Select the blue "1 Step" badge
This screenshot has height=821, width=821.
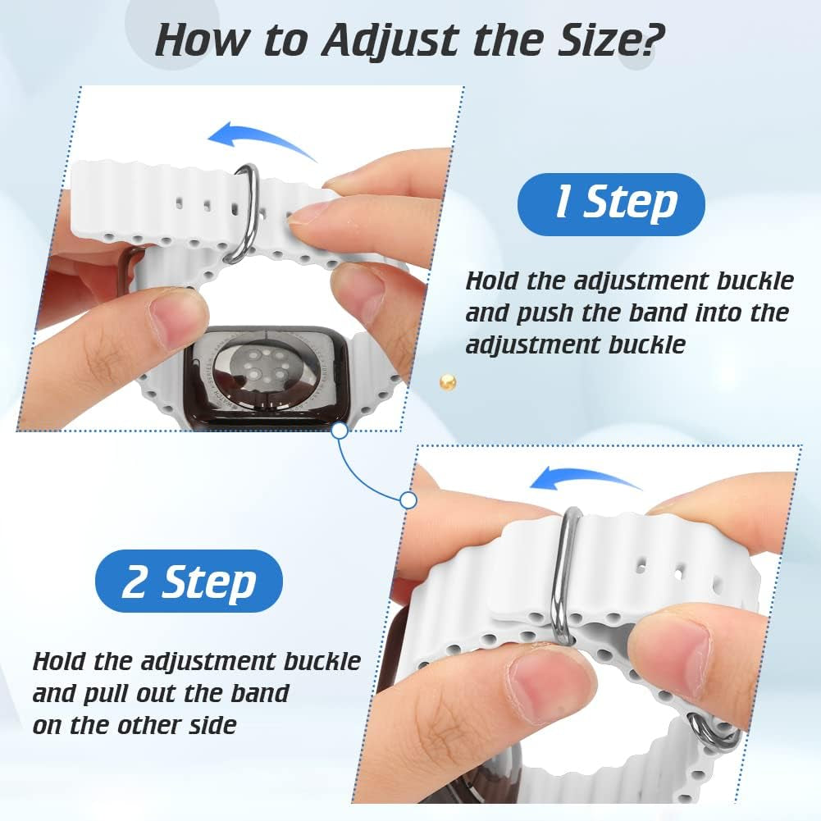tap(611, 204)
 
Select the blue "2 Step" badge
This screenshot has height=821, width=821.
tap(189, 582)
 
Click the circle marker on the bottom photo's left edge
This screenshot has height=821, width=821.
tap(408, 499)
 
